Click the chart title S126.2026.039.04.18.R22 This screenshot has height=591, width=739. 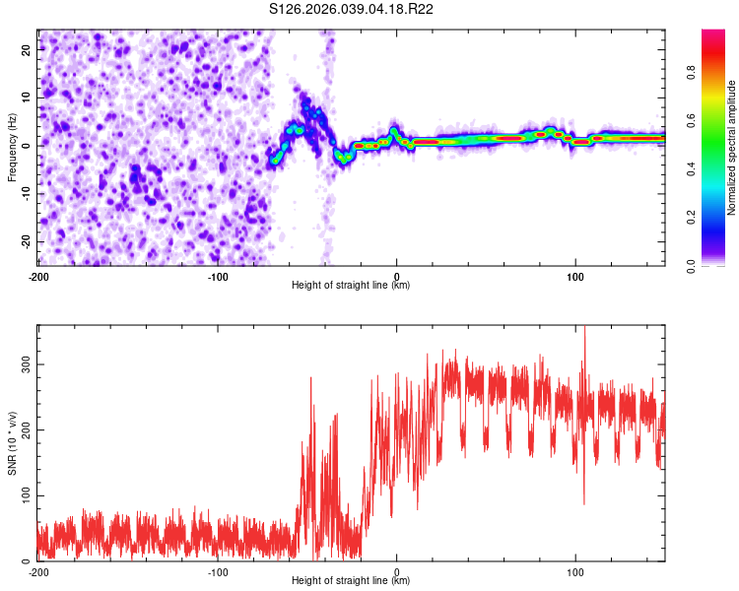click(x=352, y=9)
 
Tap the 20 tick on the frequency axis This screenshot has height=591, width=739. click(x=27, y=48)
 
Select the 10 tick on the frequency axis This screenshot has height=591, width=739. click(x=27, y=97)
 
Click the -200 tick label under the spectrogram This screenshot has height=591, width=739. click(x=38, y=277)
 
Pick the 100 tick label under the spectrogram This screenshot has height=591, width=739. click(x=575, y=277)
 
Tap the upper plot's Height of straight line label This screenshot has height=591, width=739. click(x=351, y=286)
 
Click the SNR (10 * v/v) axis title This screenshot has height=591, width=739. click(x=12, y=443)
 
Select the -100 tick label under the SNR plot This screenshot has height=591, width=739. click(x=218, y=572)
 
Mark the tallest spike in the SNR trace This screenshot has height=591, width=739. click(x=584, y=329)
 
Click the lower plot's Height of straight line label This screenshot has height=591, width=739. click(x=351, y=581)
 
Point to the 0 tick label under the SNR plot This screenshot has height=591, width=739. click(x=397, y=572)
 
